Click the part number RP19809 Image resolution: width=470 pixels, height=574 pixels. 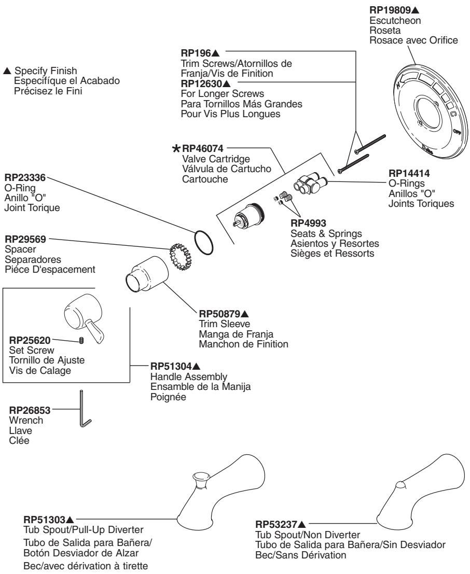point(390,10)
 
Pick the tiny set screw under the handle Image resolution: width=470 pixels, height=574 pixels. point(81,341)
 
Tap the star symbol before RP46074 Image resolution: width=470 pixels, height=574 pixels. point(176,149)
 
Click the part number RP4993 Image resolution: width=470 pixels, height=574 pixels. point(308,223)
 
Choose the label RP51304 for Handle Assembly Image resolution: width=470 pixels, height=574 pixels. point(171,366)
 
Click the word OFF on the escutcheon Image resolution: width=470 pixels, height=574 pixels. point(457,131)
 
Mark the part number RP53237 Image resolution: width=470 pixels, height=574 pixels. point(276,525)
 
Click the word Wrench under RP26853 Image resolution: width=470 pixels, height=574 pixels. point(26,420)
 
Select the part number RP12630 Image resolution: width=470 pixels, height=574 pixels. point(201,84)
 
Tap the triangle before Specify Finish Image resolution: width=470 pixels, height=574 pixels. point(7,71)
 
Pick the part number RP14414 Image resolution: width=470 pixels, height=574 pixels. point(409,173)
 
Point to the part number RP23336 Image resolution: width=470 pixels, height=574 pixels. point(25,178)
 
